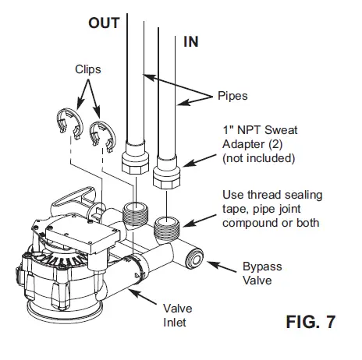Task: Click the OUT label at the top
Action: tap(103, 23)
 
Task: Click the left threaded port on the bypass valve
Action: tap(135, 214)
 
